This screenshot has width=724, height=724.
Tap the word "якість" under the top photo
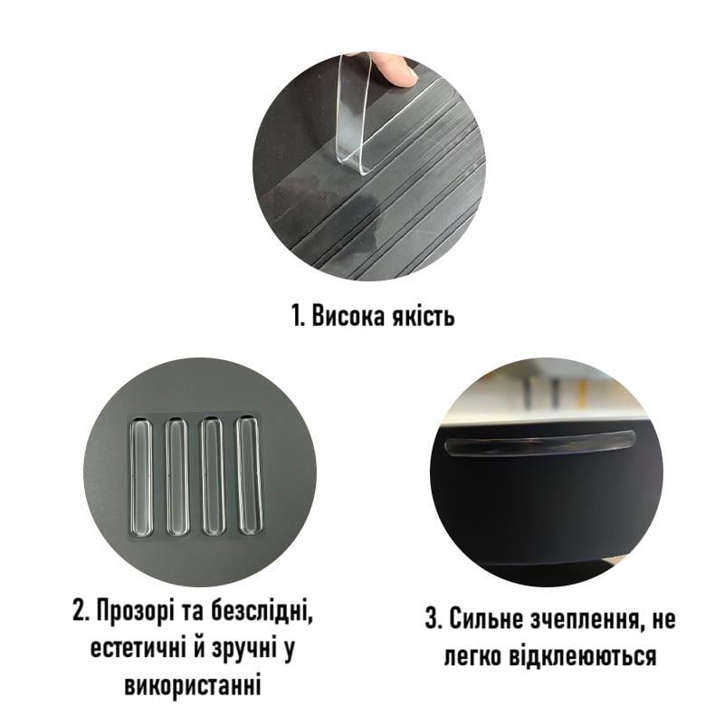tap(423, 317)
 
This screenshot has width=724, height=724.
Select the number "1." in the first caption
tap(299, 316)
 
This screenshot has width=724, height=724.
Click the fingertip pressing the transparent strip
tap(400, 71)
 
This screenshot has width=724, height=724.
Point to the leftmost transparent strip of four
tap(141, 476)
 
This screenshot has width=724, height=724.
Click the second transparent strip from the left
tap(176, 476)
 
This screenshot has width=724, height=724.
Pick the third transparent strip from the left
tap(213, 476)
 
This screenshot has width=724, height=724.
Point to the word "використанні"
tap(193, 686)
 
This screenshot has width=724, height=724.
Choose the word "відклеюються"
tap(582, 655)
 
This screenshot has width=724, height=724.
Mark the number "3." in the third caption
tap(433, 619)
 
